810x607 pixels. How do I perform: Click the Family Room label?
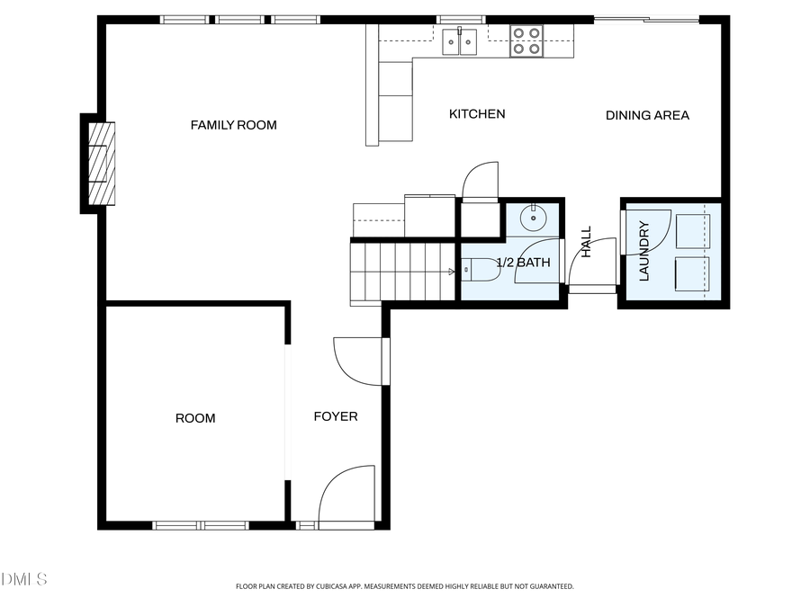(x=233, y=125)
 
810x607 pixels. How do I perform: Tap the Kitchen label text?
(x=477, y=114)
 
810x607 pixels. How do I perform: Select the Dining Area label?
(x=647, y=115)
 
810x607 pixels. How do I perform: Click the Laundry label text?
(x=644, y=252)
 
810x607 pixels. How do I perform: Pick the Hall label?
(x=587, y=242)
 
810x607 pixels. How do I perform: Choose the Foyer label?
(x=335, y=416)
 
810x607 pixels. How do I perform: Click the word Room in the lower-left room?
(x=195, y=418)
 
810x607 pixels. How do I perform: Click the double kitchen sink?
(x=460, y=41)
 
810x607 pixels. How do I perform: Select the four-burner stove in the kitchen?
(x=526, y=41)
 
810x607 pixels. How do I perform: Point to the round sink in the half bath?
(x=535, y=216)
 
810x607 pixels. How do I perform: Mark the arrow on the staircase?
(x=451, y=271)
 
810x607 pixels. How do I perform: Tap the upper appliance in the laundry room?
(x=692, y=231)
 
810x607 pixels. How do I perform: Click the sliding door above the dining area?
(x=646, y=19)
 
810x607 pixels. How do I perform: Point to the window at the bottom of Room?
(x=200, y=525)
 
